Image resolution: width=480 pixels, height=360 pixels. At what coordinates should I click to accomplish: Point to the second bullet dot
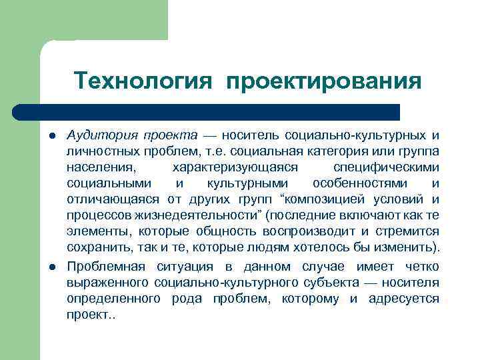(52, 265)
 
